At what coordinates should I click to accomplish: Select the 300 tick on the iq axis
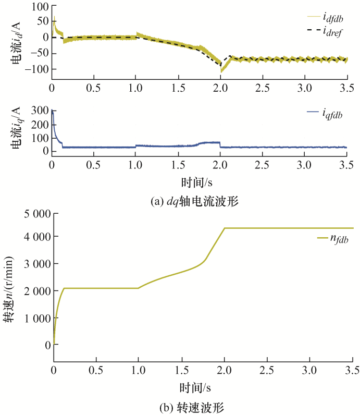pyautogui.click(x=40, y=111)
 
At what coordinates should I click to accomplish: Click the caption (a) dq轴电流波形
pyautogui.click(x=180, y=201)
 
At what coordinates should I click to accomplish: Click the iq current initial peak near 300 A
pyautogui.click(x=52, y=111)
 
